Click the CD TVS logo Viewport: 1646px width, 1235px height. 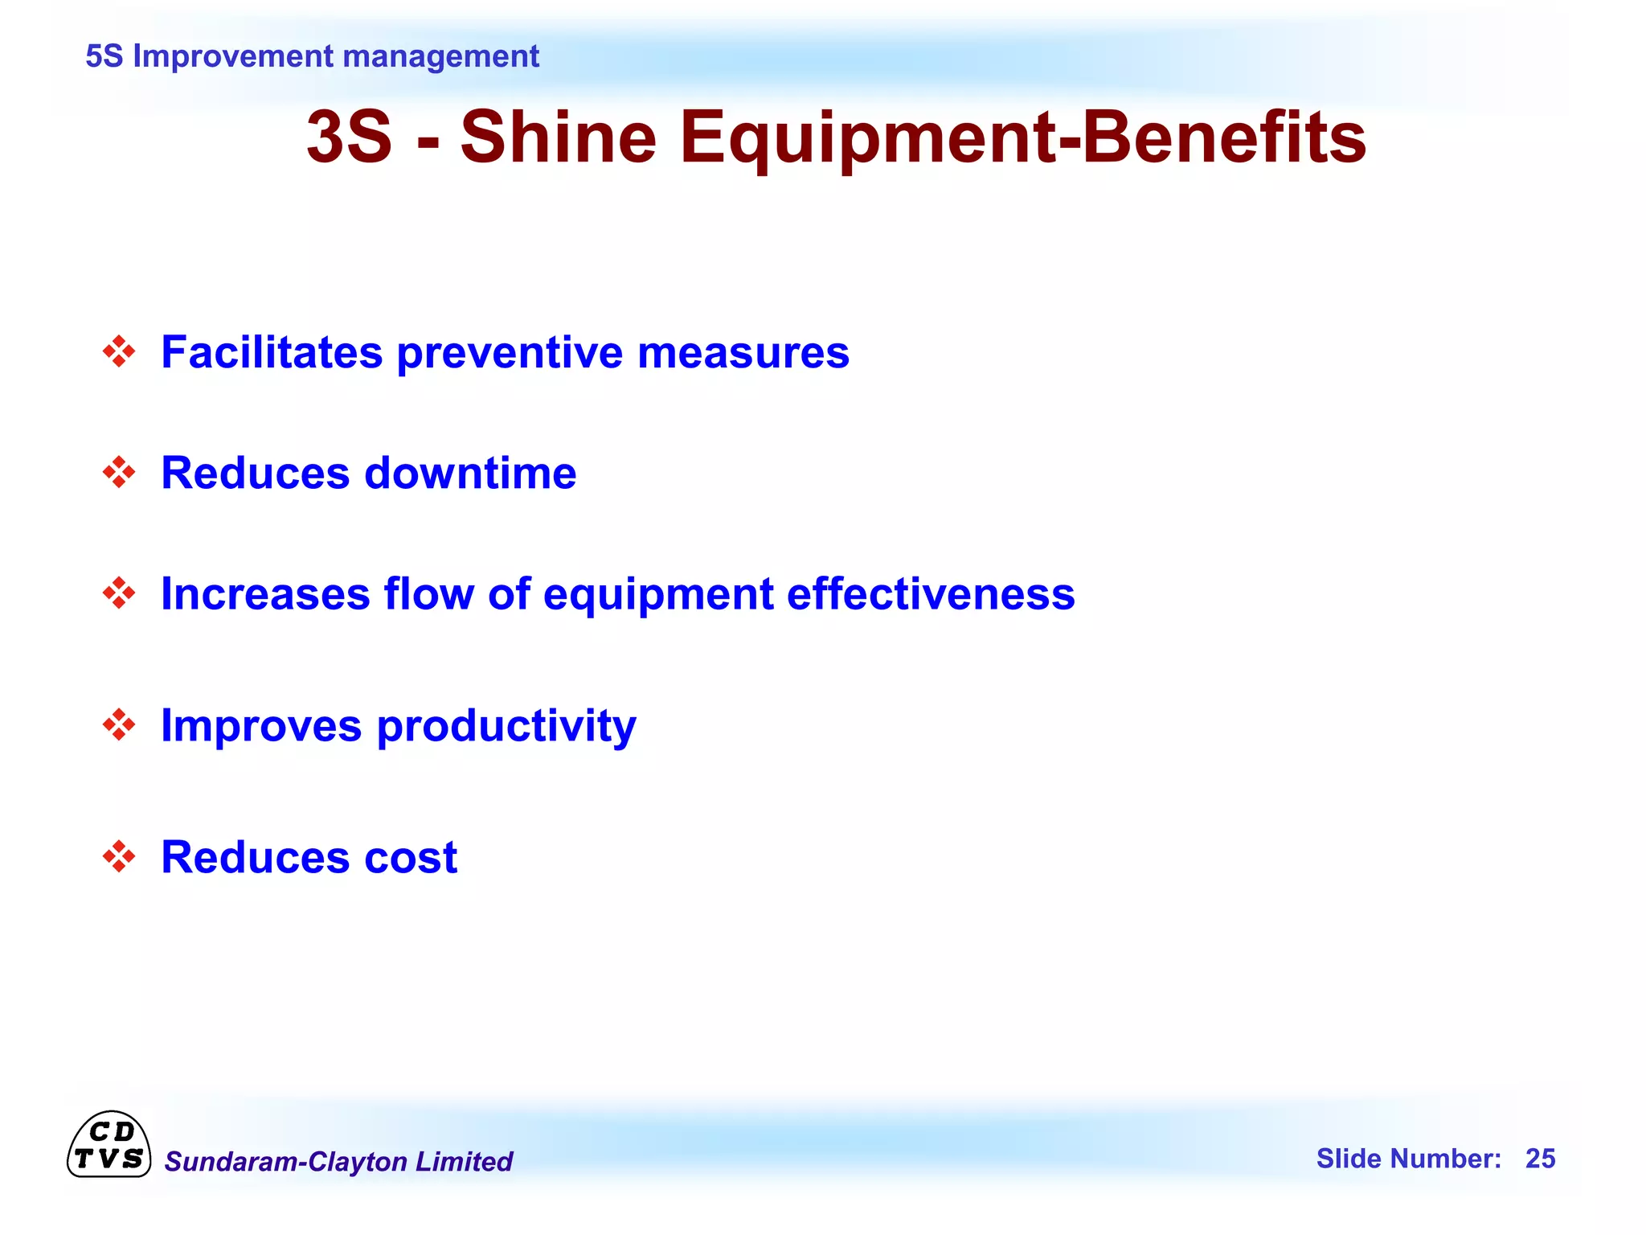tap(109, 1145)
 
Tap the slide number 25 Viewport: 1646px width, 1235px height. tap(1540, 1159)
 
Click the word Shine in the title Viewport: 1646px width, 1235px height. tap(558, 137)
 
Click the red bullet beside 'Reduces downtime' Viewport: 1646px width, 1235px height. tap(119, 473)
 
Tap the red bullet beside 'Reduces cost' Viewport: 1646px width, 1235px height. tap(119, 856)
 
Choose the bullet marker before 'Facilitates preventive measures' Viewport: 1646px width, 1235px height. tap(119, 352)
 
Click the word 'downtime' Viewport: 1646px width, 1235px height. tap(470, 473)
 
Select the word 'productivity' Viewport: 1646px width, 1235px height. tap(506, 727)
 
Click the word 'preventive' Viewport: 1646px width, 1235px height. tap(510, 354)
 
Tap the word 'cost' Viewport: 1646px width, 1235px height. tap(411, 857)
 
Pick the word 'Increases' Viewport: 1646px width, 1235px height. tap(265, 594)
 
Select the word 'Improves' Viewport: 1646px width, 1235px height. tap(261, 727)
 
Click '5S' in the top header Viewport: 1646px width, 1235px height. tap(104, 56)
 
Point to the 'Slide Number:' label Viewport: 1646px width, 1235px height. tap(1408, 1159)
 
